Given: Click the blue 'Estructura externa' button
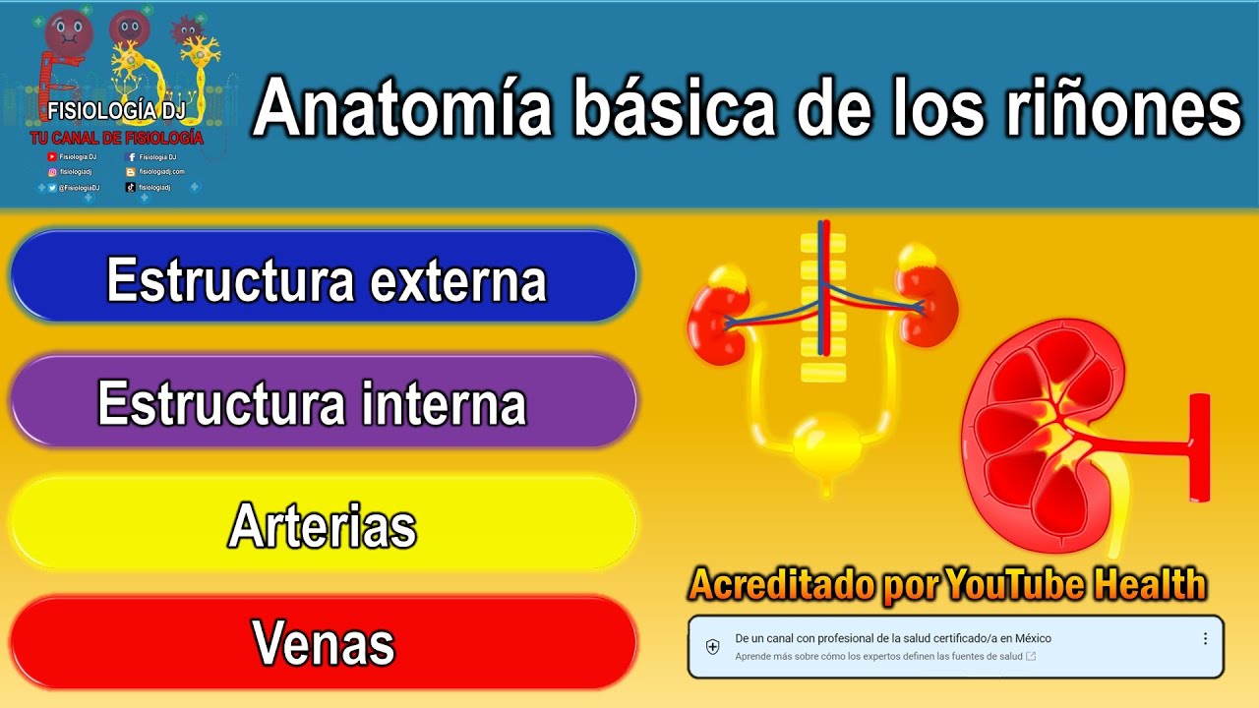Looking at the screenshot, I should [x=325, y=279].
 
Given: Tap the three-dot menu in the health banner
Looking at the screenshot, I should [x=1205, y=638].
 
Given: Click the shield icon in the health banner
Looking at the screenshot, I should [x=713, y=646].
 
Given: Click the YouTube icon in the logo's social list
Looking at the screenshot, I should [x=52, y=156].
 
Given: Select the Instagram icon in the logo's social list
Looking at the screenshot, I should [x=52, y=171].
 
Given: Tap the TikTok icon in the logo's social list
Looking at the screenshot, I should [x=131, y=187].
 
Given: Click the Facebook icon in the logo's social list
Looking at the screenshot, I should [x=131, y=156].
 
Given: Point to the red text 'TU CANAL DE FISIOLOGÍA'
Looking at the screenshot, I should [x=116, y=139].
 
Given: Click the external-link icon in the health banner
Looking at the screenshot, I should [x=1030, y=656].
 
